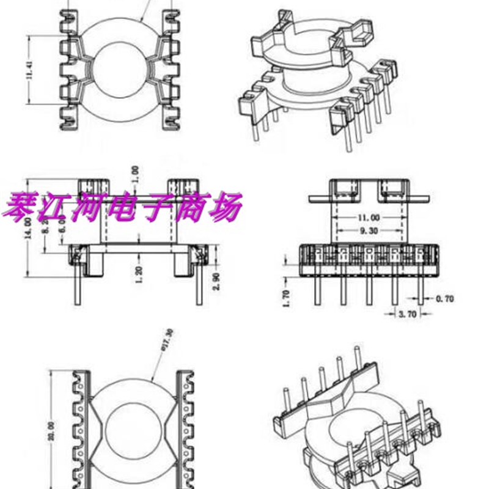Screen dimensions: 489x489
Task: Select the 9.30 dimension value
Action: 367,230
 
